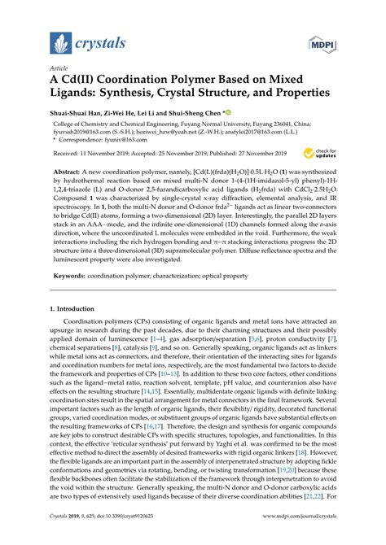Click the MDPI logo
[322, 43]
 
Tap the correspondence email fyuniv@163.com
[121, 140]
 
